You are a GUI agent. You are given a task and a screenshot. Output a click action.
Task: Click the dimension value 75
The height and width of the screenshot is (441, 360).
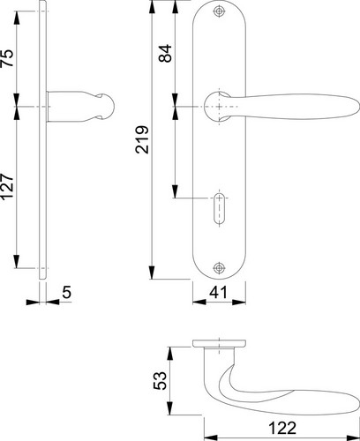(8, 58)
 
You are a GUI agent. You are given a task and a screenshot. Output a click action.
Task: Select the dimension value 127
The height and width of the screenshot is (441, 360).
(7, 186)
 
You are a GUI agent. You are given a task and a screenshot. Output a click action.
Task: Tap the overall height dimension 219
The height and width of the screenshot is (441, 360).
(142, 139)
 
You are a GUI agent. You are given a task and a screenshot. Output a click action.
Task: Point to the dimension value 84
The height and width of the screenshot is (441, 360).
(165, 53)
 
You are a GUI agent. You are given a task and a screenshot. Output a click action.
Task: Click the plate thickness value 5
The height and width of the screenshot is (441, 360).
(67, 292)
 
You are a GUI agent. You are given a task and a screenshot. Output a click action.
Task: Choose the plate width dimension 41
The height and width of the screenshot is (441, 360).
(218, 292)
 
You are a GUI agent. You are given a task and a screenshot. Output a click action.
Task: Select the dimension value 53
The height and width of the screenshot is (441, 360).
(161, 381)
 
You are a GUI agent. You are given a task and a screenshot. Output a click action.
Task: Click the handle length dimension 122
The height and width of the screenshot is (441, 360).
(281, 428)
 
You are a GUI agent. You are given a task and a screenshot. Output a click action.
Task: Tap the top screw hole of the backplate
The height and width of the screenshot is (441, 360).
(219, 11)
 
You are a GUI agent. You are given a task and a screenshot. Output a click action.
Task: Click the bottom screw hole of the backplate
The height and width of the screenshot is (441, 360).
(219, 268)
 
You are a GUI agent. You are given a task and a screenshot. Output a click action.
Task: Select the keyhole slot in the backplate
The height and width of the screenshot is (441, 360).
(219, 209)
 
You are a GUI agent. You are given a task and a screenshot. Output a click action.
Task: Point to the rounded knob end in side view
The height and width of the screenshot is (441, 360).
(106, 106)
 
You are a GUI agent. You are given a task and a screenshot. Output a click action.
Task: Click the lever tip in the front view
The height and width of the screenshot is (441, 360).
(358, 106)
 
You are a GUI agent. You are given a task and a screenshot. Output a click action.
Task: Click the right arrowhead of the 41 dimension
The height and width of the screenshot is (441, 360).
(239, 302)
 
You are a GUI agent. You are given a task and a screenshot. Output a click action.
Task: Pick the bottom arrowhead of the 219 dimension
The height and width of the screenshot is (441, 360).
(152, 273)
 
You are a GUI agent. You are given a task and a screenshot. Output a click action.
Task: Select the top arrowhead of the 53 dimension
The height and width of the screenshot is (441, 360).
(169, 354)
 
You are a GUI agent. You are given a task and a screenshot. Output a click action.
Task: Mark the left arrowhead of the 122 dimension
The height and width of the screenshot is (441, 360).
(211, 437)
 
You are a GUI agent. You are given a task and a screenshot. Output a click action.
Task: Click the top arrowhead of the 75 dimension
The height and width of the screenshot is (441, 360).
(17, 19)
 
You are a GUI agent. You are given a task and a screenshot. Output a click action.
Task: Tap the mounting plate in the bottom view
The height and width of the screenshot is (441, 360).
(219, 343)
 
